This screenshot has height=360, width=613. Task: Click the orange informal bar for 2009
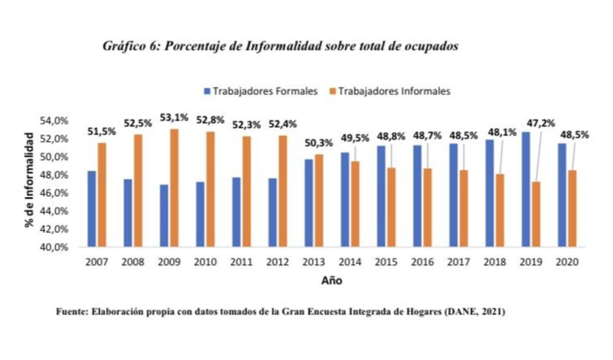point(175,188)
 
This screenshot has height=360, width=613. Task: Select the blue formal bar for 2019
point(526,190)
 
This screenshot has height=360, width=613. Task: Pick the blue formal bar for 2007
point(91,209)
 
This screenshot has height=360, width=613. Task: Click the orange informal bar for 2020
point(572,209)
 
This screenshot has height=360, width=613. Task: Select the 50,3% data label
point(319,144)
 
